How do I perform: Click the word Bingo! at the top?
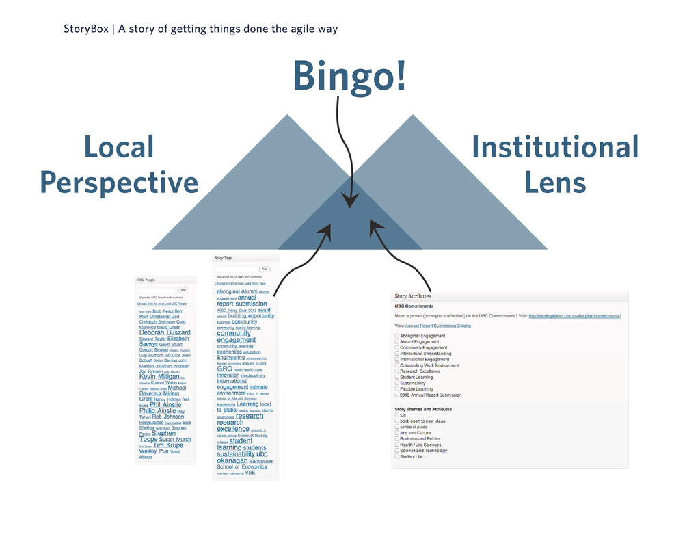pyautogui.click(x=349, y=76)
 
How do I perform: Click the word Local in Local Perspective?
pyautogui.click(x=118, y=147)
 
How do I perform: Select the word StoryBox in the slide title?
pyautogui.click(x=86, y=29)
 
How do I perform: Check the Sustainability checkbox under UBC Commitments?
pyautogui.click(x=397, y=383)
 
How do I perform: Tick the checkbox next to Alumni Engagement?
pyautogui.click(x=397, y=342)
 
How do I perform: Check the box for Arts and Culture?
pyautogui.click(x=397, y=433)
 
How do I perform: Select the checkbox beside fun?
pyautogui.click(x=397, y=415)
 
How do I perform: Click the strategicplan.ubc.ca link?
pyautogui.click(x=574, y=316)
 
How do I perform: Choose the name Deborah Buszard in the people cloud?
pyautogui.click(x=165, y=333)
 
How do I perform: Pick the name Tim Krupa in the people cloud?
pyautogui.click(x=168, y=445)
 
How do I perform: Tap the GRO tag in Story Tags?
pyautogui.click(x=224, y=369)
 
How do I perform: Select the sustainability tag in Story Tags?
pyautogui.click(x=236, y=454)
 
